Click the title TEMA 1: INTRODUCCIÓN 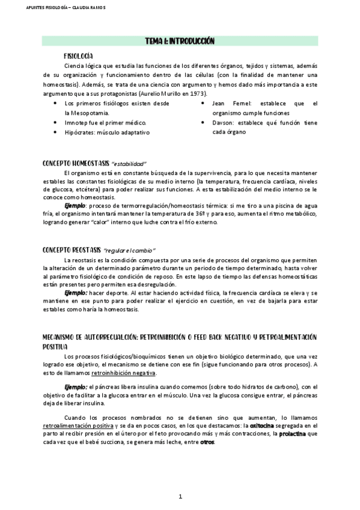click(x=180, y=41)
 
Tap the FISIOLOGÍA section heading click(x=81, y=55)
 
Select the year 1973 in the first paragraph click(x=200, y=94)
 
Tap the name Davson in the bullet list click(x=223, y=123)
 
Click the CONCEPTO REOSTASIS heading click(x=71, y=249)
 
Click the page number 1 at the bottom click(x=180, y=497)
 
